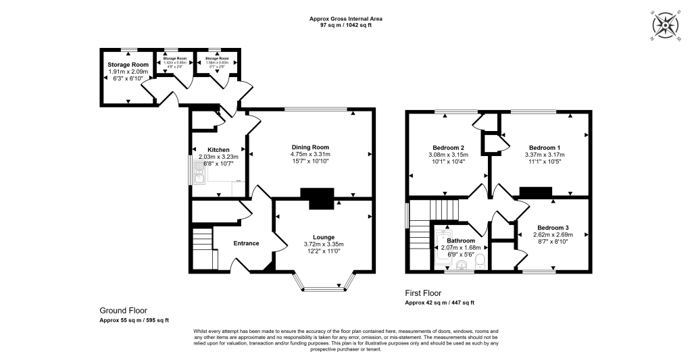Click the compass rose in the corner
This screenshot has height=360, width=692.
pos(666,26)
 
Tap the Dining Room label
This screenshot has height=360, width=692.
pos(310,147)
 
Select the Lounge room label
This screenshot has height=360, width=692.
pos(324,237)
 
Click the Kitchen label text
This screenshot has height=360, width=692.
pos(218,150)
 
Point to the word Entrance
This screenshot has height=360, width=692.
pos(246,243)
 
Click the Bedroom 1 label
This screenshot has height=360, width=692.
pos(544,147)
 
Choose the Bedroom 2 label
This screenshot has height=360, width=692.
pos(448,148)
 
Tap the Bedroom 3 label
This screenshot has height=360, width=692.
pos(553,228)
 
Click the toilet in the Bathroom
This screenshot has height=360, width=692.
pos(480,260)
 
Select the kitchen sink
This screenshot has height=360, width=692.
pos(199,178)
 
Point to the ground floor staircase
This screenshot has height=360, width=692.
pos(201,240)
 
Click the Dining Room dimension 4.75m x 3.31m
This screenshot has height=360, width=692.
pos(310,155)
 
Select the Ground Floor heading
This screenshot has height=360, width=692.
pos(123,311)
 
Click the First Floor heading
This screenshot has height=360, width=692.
pos(423,294)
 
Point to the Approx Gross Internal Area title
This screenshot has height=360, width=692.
pos(345,18)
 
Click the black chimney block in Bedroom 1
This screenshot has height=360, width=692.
pos(535,193)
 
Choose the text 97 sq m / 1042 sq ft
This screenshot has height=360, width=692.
pos(345,25)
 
